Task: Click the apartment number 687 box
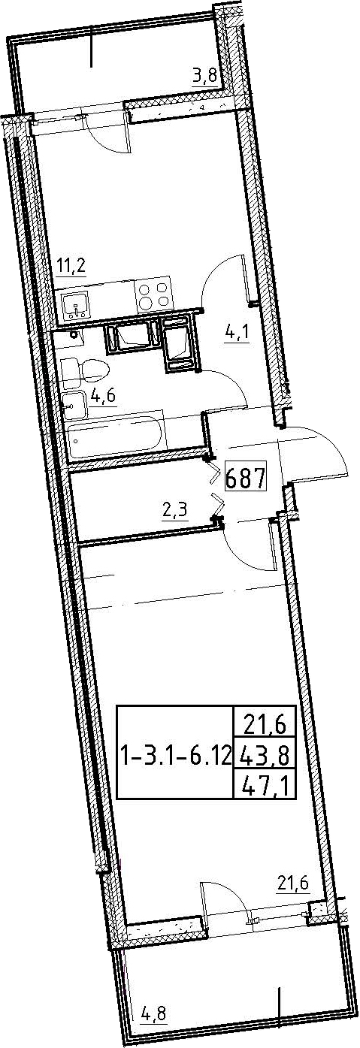(246, 478)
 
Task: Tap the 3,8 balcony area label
(205, 75)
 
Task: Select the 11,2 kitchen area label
(71, 268)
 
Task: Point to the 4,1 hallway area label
(237, 335)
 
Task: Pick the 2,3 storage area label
(174, 509)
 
